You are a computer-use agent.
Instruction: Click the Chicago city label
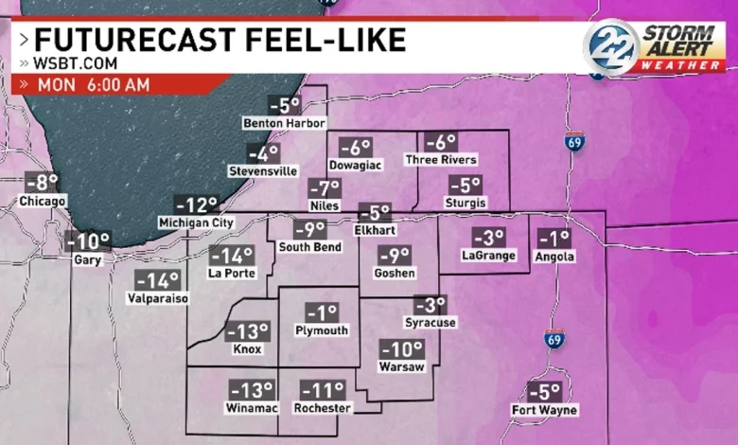(x=43, y=201)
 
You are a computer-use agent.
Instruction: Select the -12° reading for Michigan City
(x=196, y=205)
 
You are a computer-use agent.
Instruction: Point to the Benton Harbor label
(x=284, y=123)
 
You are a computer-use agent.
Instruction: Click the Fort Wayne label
(x=545, y=410)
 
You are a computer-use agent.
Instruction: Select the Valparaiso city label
(x=158, y=298)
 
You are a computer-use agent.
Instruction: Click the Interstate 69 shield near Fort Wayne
(x=555, y=339)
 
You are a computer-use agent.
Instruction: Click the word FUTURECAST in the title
(x=129, y=40)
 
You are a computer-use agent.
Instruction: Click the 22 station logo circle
(x=610, y=44)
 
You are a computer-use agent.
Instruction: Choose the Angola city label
(x=556, y=256)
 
